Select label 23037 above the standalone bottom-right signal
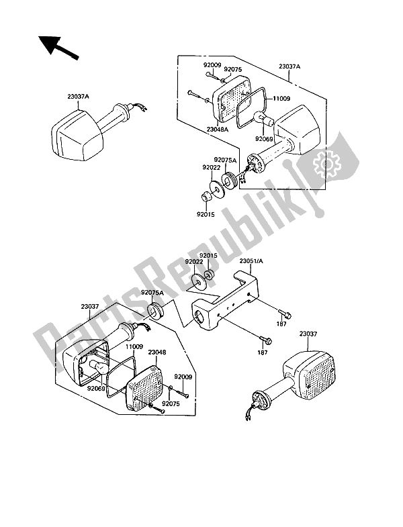click(308, 334)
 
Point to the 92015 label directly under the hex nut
click(206, 215)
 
